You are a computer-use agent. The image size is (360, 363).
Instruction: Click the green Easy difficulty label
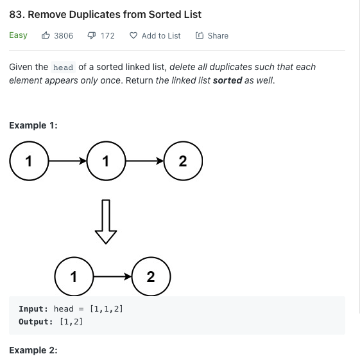click(18, 35)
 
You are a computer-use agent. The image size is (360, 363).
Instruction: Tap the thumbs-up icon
click(46, 35)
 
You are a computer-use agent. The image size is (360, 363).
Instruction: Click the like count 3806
click(64, 36)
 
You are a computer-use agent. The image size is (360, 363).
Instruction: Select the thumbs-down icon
click(92, 35)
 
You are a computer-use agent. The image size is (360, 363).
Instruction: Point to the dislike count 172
click(108, 36)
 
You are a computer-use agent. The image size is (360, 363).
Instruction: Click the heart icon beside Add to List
click(133, 35)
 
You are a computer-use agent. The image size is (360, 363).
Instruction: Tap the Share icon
click(200, 35)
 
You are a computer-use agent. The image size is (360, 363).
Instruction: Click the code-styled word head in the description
click(63, 67)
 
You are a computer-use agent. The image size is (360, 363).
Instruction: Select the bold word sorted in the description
click(228, 80)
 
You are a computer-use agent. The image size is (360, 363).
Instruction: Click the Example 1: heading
click(33, 125)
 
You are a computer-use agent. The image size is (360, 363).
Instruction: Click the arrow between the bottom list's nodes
click(112, 276)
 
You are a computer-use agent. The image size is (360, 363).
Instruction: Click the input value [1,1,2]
click(107, 309)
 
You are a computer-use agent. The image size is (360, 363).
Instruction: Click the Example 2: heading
click(33, 350)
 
